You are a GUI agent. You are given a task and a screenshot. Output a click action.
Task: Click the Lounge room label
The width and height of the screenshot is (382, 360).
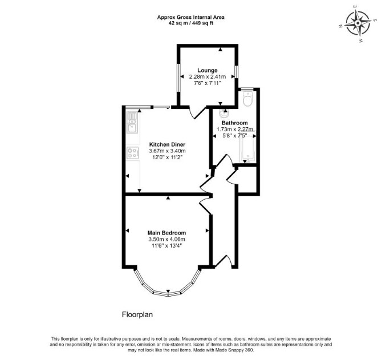tap(208, 70)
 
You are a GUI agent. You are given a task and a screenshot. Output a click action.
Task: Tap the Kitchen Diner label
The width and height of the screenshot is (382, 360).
tap(167, 144)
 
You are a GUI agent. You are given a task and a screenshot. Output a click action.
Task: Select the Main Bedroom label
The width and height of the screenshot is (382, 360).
tap(166, 233)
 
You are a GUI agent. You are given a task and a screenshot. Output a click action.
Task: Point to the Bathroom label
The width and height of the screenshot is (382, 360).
tap(234, 123)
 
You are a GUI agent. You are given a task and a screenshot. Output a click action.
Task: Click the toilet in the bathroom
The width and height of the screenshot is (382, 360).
tap(248, 99)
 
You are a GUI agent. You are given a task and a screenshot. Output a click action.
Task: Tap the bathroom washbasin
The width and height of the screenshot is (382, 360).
tap(224, 113)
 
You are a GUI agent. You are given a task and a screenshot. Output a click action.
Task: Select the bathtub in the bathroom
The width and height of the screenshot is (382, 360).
tap(247, 147)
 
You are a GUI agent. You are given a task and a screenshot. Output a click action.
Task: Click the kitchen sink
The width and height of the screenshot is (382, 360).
tap(132, 123)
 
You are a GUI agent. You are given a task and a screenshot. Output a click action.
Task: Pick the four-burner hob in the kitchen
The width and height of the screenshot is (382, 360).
tap(132, 153)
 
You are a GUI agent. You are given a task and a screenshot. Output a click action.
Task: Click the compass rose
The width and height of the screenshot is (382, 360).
tap(357, 23)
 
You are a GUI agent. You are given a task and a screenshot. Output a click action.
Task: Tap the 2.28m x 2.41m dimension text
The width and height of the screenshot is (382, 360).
tap(208, 76)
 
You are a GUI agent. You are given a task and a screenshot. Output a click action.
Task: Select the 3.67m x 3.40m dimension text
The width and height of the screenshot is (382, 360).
tap(167, 151)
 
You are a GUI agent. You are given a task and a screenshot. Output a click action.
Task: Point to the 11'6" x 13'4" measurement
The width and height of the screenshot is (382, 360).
tap(167, 246)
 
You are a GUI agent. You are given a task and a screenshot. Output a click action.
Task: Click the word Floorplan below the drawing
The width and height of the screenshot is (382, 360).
tap(137, 314)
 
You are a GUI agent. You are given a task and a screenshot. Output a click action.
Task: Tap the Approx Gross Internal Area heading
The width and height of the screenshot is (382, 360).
tap(191, 17)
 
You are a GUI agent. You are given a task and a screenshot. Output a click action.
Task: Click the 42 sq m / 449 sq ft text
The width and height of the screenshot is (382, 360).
tap(191, 23)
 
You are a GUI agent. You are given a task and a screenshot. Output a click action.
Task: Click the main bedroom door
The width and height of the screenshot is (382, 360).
tap(206, 205)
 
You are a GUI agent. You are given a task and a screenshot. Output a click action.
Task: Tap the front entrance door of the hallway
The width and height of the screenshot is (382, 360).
tap(223, 261)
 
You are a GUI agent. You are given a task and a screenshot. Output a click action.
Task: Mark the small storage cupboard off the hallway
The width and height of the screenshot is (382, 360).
tap(247, 180)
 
